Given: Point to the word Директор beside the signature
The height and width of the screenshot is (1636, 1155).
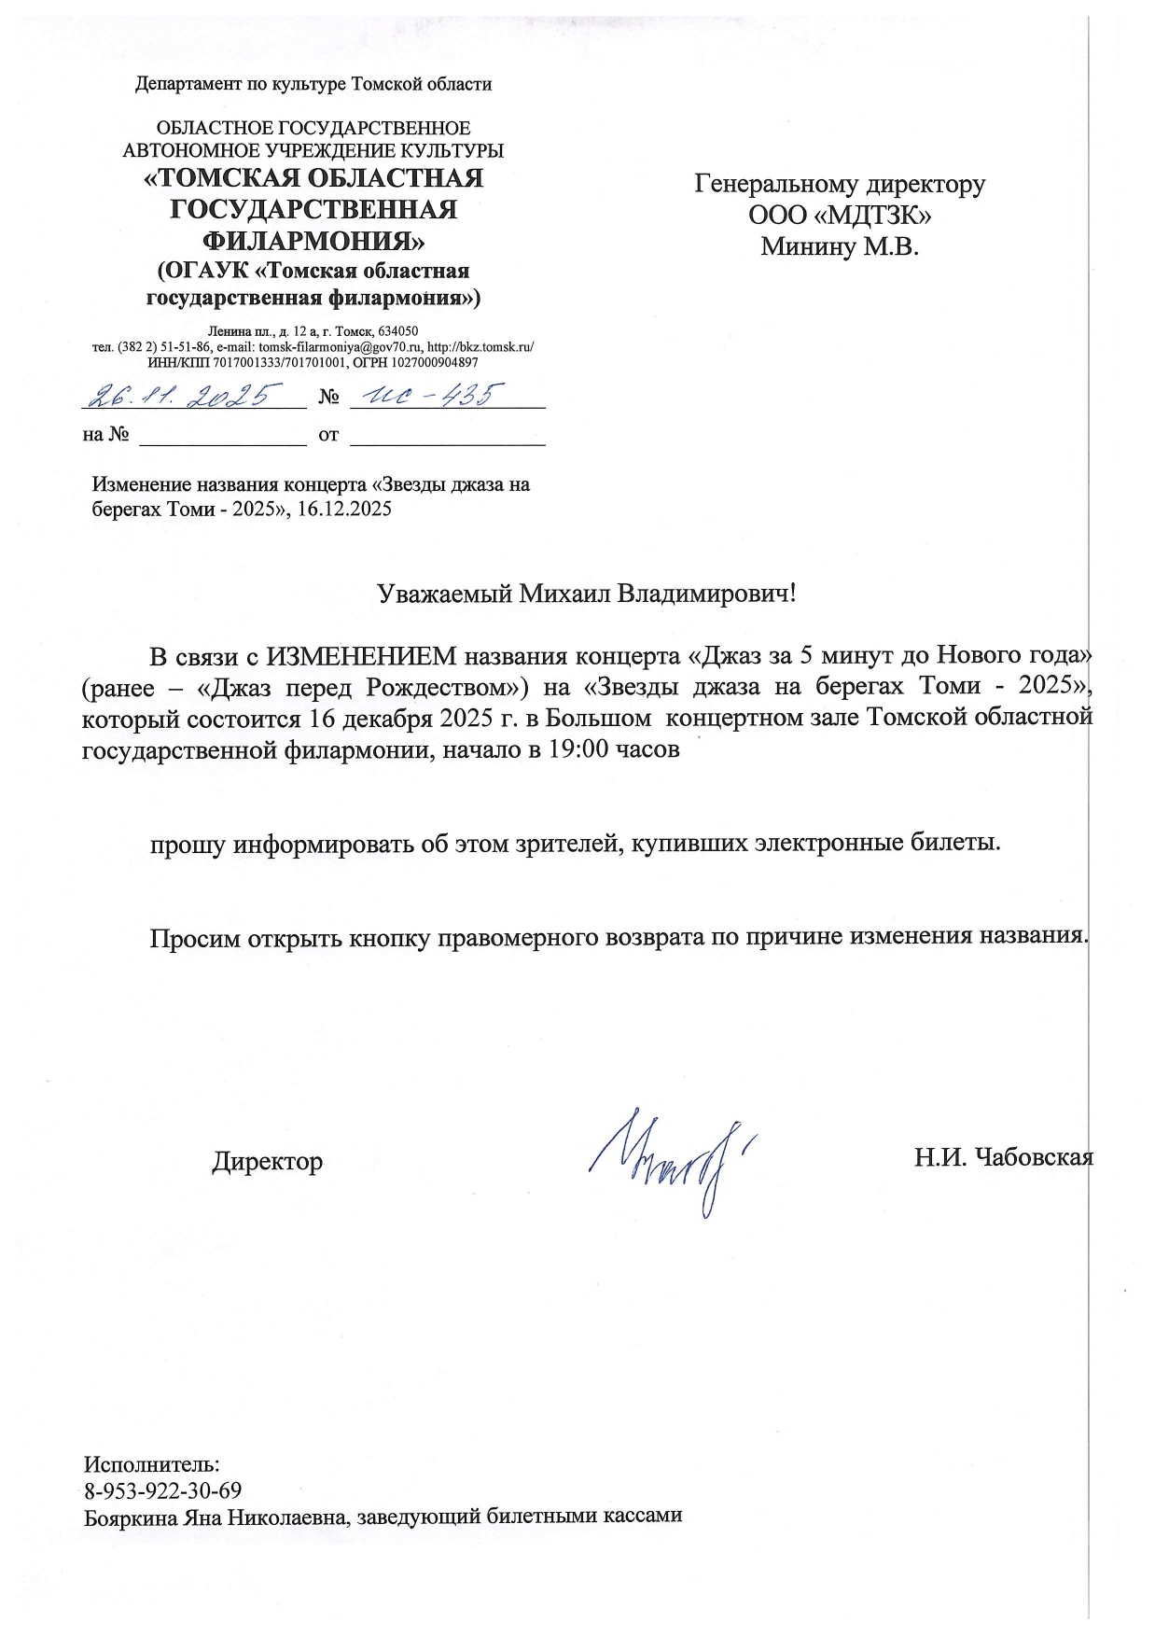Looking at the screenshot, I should pos(267,1162).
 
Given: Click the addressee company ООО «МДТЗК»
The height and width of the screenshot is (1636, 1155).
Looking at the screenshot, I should pos(840,216).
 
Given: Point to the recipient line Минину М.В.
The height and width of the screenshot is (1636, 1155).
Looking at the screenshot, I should pos(840,247).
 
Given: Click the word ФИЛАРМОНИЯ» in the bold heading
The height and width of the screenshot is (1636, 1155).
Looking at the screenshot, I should pos(313,240).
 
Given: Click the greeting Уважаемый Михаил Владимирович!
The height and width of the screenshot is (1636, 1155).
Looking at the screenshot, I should pos(587,594).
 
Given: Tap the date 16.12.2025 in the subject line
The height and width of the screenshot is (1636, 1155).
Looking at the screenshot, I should pos(344,510).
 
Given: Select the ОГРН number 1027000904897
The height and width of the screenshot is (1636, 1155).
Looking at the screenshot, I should pos(424,361).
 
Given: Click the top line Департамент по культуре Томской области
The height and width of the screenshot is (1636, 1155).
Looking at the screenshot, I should pos(313,85).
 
